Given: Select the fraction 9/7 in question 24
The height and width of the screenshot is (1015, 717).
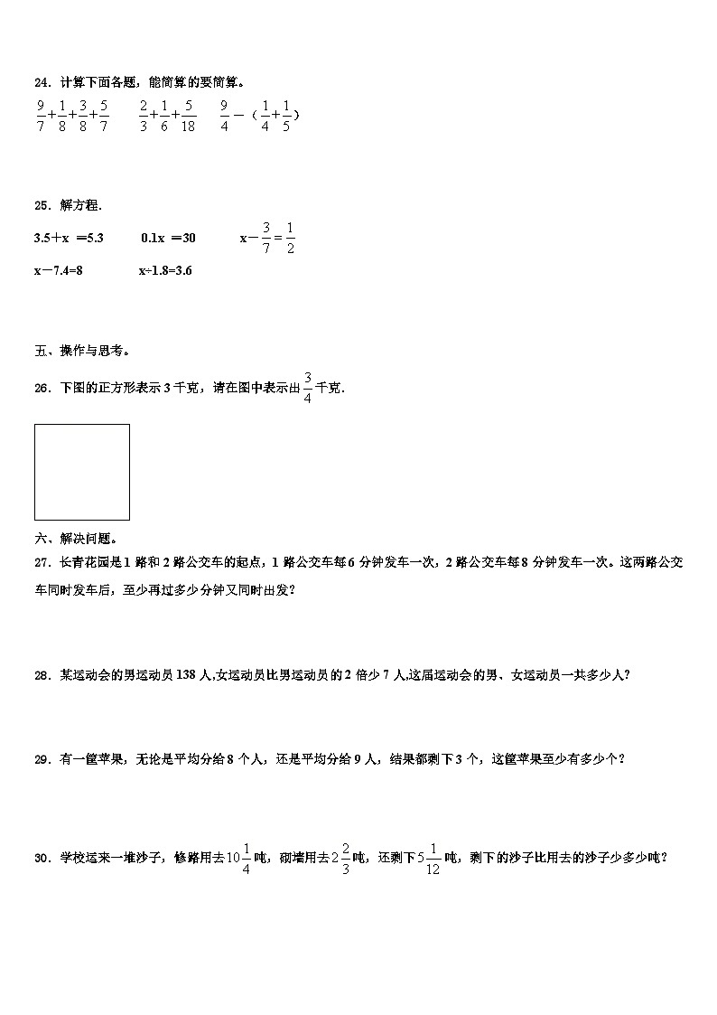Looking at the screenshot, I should point(41,116).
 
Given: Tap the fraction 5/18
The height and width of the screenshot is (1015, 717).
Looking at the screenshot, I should point(188,116).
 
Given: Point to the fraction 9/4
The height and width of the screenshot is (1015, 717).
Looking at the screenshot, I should point(224,116).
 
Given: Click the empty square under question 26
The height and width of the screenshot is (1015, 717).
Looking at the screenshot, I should point(82,472).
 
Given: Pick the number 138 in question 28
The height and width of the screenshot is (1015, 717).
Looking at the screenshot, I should point(185,673).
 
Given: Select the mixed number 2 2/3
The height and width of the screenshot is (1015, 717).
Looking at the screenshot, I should point(340,859).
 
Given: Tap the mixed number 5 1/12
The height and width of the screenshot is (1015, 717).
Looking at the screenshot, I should point(430,859).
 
